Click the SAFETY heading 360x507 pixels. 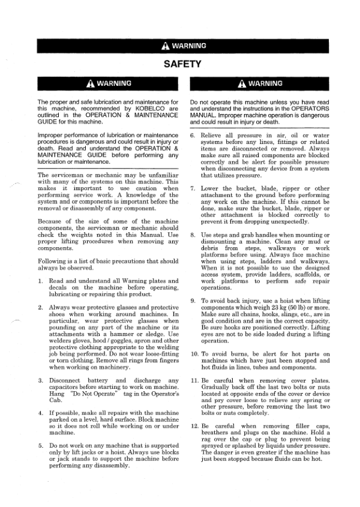[180, 63]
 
